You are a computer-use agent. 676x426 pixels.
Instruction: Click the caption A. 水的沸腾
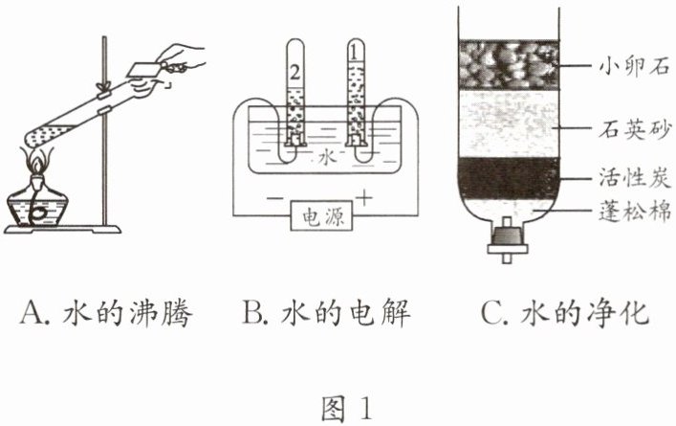[105, 313]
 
